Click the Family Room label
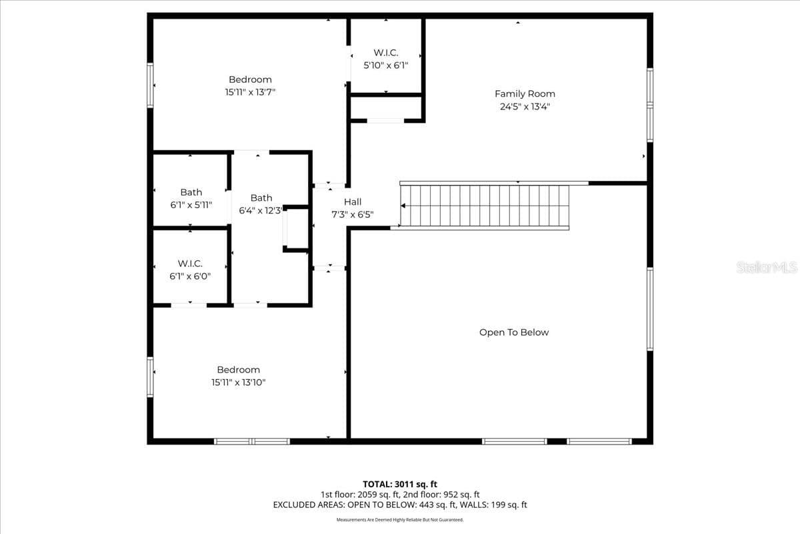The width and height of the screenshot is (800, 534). (525, 93)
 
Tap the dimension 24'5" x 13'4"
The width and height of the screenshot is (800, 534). (525, 107)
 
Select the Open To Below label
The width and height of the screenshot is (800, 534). (514, 332)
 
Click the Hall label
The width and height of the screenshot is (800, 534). (353, 202)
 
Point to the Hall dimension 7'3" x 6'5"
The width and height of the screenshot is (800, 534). (353, 215)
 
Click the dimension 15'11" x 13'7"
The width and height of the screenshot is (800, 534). (250, 92)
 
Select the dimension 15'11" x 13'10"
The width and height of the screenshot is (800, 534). (238, 382)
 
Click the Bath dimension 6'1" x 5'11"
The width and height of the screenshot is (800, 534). (191, 205)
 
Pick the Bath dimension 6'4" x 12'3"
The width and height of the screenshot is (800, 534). (261, 211)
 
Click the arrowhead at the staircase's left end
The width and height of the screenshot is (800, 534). (403, 206)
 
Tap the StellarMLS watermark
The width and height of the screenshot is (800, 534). (767, 267)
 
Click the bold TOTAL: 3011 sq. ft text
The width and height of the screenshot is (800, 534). (400, 485)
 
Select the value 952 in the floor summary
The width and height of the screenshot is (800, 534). (451, 495)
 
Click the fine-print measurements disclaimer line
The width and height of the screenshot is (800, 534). (400, 520)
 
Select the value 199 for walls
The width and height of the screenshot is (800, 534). (498, 505)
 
